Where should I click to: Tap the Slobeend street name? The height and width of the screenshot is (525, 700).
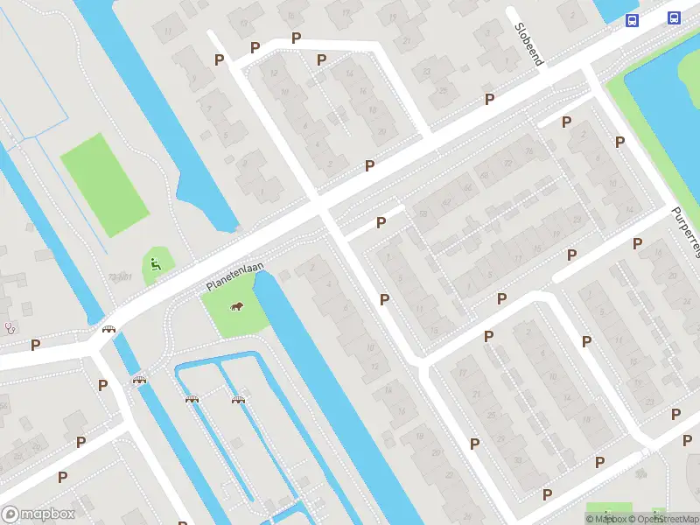point(529,44)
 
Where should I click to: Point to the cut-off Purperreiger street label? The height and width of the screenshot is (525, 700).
point(687,232)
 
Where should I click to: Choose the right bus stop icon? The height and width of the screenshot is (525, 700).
point(674,17)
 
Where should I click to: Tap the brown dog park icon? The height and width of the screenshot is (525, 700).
point(235,306)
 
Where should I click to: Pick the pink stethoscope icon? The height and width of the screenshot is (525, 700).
point(10,328)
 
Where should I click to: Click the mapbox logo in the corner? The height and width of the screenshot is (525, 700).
point(38,514)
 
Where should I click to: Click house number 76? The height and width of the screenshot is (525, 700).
point(528,151)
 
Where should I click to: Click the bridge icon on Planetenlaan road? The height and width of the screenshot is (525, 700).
point(109,329)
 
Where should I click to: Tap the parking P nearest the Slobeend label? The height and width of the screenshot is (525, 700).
point(489,99)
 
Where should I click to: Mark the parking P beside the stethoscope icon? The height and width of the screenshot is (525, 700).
point(35,345)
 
